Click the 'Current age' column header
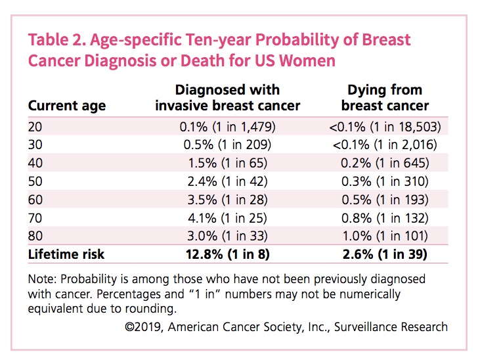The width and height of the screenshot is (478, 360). pyautogui.click(x=66, y=106)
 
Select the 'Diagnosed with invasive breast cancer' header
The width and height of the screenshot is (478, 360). pyautogui.click(x=227, y=97)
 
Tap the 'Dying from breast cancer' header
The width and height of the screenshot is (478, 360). pyautogui.click(x=385, y=97)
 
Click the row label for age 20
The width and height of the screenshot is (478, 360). pyautogui.click(x=35, y=127)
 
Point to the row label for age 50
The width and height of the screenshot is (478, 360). pyautogui.click(x=35, y=181)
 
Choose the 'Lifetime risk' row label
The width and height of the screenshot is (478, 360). pyautogui.click(x=66, y=254)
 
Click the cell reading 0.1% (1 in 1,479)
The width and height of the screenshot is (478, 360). pyautogui.click(x=227, y=127)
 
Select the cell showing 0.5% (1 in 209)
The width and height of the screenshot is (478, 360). pyautogui.click(x=227, y=145)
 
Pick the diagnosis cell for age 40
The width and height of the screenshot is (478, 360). pyautogui.click(x=227, y=163)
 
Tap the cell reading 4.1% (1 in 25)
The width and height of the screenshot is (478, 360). pyautogui.click(x=227, y=217)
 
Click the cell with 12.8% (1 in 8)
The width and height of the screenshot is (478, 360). pyautogui.click(x=227, y=254)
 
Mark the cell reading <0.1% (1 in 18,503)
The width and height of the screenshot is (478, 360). pyautogui.click(x=385, y=127)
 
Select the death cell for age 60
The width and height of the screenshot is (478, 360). pyautogui.click(x=385, y=199)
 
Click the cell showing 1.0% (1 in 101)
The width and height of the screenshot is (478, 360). pyautogui.click(x=385, y=235)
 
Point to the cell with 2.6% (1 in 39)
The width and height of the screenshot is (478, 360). pyautogui.click(x=385, y=254)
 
